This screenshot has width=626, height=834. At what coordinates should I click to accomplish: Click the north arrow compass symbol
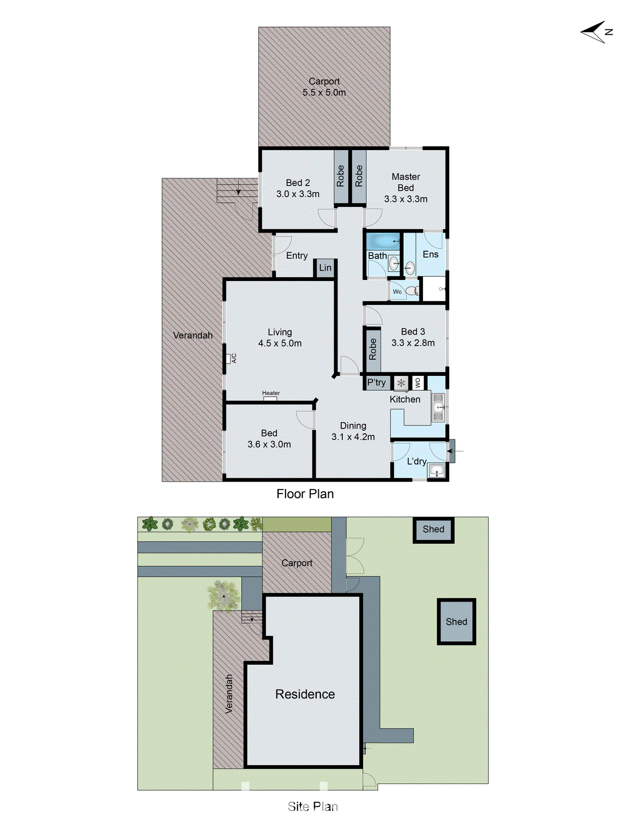596,32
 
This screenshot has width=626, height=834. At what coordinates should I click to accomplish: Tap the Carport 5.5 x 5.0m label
324,87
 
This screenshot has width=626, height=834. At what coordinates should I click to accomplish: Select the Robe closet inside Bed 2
341,176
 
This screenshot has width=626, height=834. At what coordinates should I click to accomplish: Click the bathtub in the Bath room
382,242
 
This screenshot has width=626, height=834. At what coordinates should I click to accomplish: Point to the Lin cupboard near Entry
325,268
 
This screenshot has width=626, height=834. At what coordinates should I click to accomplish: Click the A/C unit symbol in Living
229,358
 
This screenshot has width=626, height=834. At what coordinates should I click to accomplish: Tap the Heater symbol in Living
270,398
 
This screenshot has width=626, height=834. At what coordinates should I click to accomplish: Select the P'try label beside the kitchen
377,383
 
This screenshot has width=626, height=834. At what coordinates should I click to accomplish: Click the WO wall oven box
417,383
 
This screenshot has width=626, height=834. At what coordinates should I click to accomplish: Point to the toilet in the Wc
412,291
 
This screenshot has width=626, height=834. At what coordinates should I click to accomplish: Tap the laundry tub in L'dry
436,472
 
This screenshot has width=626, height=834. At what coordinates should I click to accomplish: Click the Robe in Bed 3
372,349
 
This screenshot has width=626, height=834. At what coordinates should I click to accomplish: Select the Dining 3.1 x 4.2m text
353,432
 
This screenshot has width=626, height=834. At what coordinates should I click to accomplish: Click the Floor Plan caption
305,494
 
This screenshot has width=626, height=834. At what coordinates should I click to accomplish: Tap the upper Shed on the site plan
433,530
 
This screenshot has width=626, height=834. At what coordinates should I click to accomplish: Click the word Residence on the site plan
305,694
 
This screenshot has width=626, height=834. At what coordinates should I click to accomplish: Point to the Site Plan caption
312,807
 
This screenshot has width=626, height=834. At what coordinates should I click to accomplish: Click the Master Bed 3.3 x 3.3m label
406,188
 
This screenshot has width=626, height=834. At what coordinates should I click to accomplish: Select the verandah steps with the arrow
237,190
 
